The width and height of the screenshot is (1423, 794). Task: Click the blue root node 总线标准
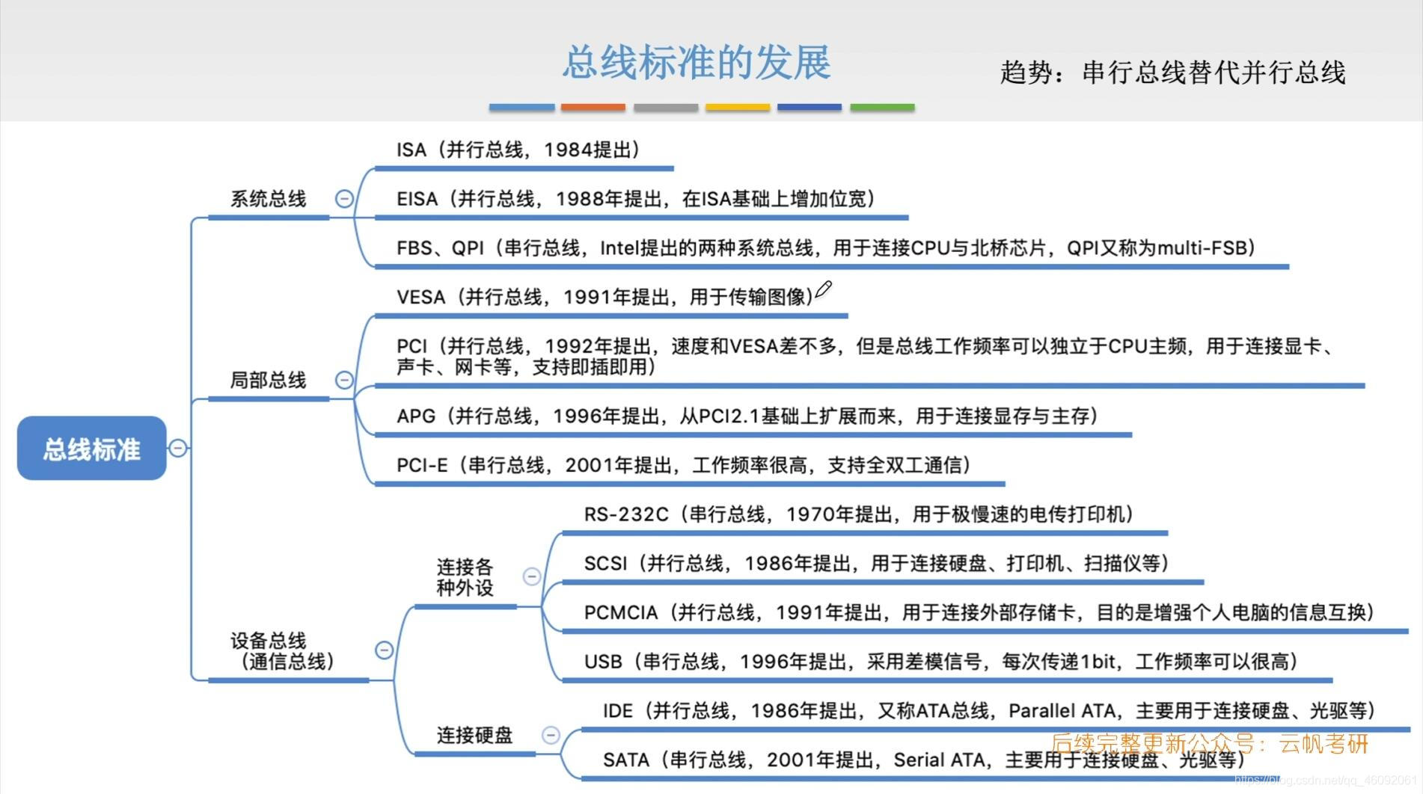pos(91,449)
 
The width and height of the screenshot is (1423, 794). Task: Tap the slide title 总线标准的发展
pos(696,62)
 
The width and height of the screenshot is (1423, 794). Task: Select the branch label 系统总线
pos(268,199)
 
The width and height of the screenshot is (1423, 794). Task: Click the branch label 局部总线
pos(268,380)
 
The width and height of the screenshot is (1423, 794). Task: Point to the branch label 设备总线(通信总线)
pos(281,650)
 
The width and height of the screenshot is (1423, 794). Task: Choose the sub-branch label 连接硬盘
pos(474,735)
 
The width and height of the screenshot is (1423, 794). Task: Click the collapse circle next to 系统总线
pos(344,199)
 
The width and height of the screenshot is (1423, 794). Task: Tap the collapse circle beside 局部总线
pos(344,380)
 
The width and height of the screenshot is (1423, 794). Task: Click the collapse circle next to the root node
pos(178,448)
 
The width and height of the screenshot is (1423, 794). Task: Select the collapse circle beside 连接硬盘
pos(551,735)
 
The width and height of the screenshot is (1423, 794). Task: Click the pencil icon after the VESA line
pos(824,289)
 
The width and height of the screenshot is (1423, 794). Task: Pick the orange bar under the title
pos(593,108)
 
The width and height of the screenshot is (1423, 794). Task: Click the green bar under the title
pos(882,108)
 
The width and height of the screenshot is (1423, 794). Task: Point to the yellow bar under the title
pos(738,108)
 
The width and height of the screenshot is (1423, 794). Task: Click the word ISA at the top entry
pos(411,150)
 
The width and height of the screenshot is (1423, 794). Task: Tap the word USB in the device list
pos(603,662)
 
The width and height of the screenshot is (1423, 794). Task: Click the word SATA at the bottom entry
pos(626,760)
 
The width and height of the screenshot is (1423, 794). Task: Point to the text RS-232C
pos(626,514)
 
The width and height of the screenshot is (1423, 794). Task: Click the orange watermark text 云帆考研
pos(1324,744)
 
